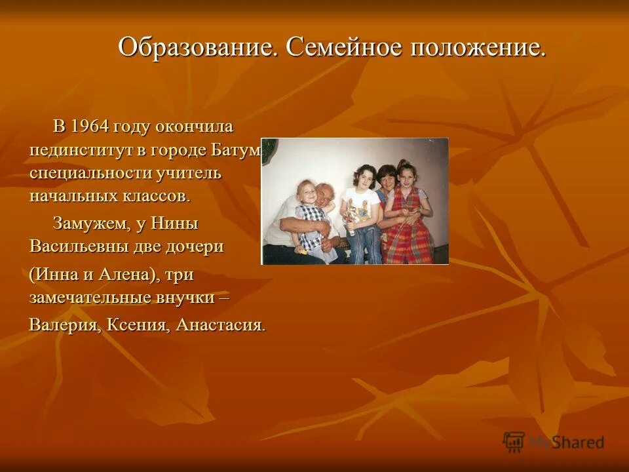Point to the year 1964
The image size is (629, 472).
[x=90, y=126]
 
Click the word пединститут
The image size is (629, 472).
[x=82, y=150]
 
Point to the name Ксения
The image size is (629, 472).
[x=138, y=325]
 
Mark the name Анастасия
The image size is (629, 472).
[x=219, y=325]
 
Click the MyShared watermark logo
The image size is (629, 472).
[x=554, y=441]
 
